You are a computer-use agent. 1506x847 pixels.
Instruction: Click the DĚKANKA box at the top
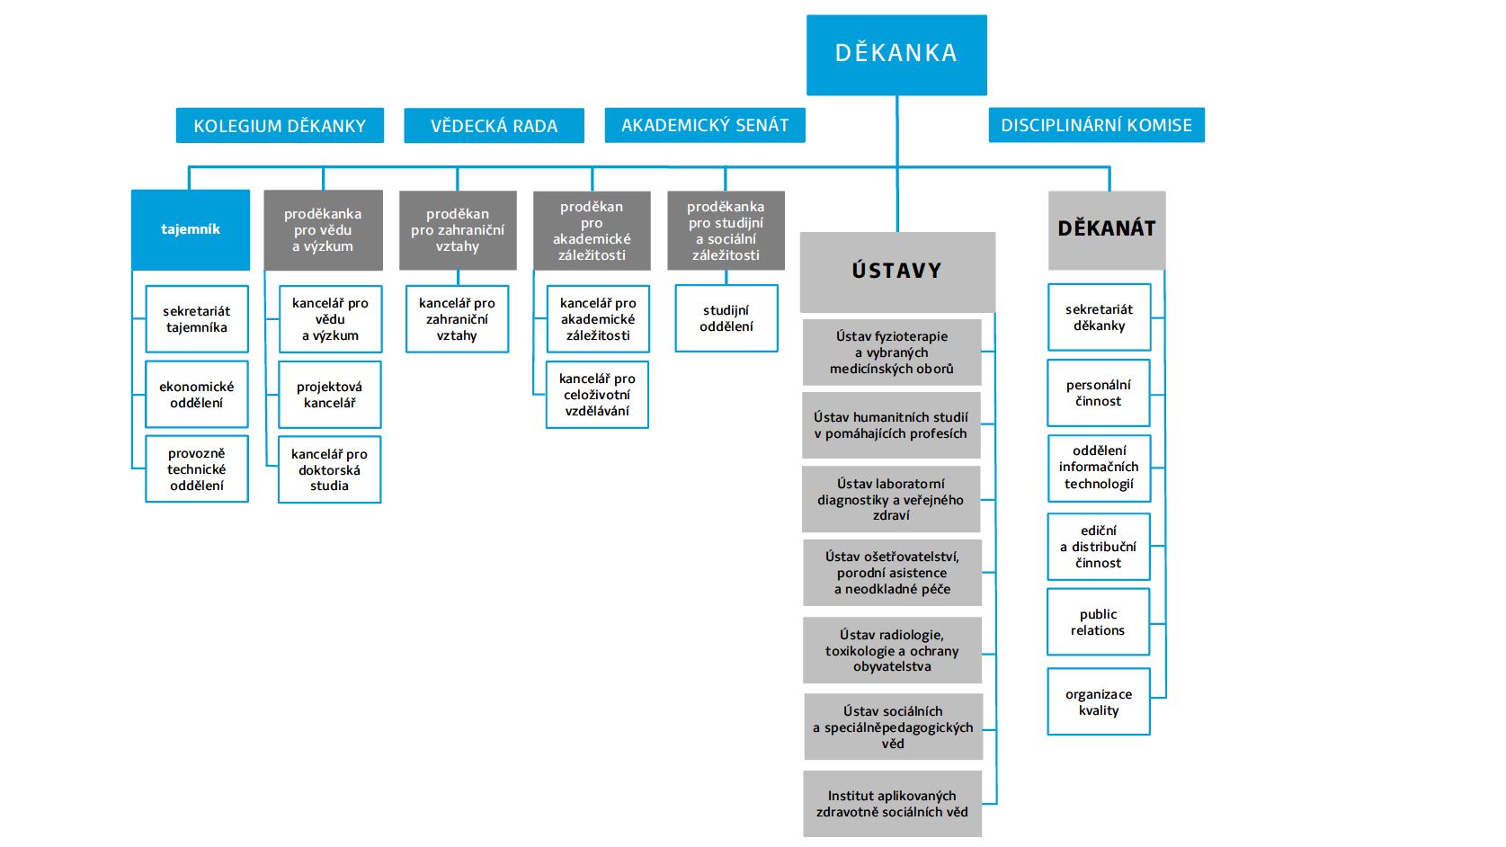[896, 54]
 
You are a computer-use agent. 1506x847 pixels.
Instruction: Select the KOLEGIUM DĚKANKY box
[280, 126]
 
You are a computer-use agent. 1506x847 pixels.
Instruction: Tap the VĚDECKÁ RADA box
[494, 126]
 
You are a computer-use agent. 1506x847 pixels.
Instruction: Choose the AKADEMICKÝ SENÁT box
[705, 125]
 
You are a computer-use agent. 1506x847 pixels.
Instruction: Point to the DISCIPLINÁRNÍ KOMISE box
[1096, 125]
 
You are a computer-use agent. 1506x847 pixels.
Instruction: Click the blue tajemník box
[191, 229]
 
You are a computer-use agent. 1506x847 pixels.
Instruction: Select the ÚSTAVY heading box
[897, 271]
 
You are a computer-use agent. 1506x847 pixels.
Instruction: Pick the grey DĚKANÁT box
[1107, 229]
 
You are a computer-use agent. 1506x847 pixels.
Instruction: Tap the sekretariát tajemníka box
[197, 319]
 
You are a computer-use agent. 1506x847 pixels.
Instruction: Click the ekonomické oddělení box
[197, 395]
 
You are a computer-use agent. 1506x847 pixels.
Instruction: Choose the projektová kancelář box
[330, 395]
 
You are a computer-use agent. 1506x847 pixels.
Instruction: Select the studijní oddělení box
[726, 318]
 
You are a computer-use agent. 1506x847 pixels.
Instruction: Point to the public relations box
[1098, 622]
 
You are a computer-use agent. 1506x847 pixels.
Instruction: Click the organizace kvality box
[1099, 702]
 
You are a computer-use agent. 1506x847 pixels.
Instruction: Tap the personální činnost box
[1099, 393]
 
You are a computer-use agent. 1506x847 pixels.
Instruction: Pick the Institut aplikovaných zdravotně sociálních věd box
[892, 804]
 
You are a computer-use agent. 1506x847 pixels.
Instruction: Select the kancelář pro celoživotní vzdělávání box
[597, 395]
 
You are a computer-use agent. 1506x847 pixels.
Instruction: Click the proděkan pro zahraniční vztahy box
[458, 230]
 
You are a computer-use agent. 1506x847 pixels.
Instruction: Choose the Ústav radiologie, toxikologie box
[892, 650]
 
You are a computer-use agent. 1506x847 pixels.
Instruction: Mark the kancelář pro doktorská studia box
[330, 469]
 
